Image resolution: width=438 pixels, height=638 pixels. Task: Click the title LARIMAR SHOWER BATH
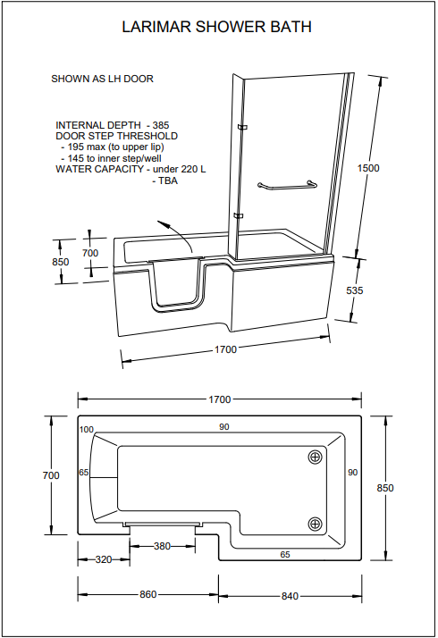(217, 28)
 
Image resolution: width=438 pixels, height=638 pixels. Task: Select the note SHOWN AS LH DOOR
(102, 79)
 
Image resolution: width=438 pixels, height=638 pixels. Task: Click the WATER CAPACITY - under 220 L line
(131, 168)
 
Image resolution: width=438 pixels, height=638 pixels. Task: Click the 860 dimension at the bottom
(147, 594)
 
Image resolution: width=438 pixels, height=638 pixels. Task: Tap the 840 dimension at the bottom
(290, 594)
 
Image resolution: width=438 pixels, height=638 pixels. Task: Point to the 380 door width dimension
(162, 546)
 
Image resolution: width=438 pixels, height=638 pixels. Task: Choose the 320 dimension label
(105, 560)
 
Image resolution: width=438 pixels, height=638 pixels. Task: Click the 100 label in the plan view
(87, 430)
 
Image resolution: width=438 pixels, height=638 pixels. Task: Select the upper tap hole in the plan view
(315, 457)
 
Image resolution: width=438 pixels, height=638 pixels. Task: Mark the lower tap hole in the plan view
(315, 524)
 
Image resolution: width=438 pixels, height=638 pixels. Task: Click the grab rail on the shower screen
(286, 186)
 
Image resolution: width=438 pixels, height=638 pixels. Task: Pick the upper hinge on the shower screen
(241, 127)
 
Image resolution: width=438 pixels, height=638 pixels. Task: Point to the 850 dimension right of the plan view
(385, 488)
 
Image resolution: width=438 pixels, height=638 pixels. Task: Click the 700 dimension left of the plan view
(51, 475)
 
